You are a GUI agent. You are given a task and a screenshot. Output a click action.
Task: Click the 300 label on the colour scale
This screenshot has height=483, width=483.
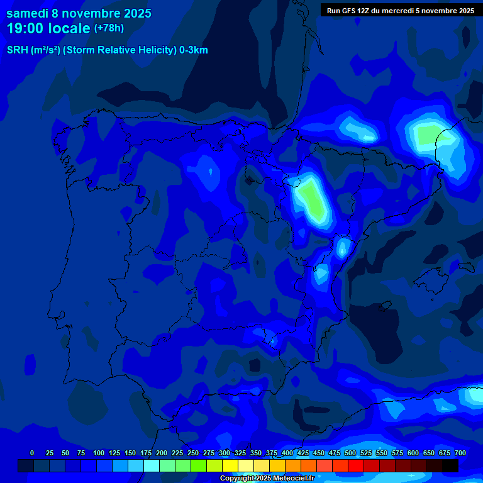click(x=225, y=453)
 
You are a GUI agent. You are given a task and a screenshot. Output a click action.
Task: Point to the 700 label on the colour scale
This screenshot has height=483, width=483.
click(x=460, y=453)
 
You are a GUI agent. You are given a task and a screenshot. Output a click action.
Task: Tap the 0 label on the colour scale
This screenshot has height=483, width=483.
click(x=32, y=453)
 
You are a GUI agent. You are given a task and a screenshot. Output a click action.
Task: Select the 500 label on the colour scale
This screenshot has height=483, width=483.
click(x=350, y=453)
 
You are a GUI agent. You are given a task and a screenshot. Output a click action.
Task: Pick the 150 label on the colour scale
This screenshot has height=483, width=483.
click(x=130, y=453)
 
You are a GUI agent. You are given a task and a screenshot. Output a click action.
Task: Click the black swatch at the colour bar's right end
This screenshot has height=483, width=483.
click(x=450, y=465)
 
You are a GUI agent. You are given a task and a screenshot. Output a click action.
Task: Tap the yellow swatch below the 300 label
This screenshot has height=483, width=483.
click(x=230, y=465)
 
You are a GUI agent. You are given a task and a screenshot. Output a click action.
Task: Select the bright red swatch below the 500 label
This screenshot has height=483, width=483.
click(x=356, y=465)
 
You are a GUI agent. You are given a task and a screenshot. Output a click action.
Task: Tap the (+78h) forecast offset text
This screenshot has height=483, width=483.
click(x=109, y=28)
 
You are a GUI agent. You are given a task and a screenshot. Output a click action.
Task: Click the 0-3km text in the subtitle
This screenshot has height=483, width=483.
click(x=194, y=50)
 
